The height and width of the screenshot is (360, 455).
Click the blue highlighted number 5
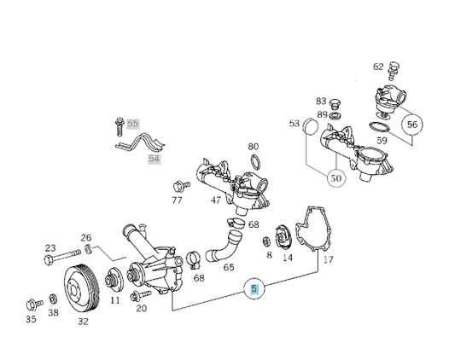tap(254, 290)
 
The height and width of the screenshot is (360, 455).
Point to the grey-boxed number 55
tap(132, 124)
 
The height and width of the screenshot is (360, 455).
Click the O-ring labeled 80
tap(254, 162)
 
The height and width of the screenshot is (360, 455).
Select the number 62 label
tap(378, 66)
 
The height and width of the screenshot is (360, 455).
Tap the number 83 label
tap(321, 101)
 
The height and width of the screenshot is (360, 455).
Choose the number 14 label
tap(287, 257)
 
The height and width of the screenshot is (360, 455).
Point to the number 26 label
tap(85, 237)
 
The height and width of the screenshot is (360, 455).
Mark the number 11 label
tap(114, 301)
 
